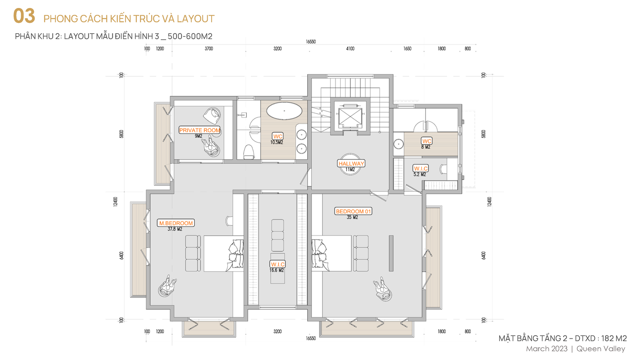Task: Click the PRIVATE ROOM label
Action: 200,130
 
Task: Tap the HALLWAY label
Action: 351,164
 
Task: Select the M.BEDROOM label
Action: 176,223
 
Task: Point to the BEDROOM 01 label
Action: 353,211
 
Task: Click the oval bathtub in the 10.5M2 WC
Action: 284,110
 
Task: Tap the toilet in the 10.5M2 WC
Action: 249,152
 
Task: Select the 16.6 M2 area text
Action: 276,270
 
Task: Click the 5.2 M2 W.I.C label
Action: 421,168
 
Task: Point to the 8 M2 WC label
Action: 426,141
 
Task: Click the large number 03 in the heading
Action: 24,16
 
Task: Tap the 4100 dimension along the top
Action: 350,48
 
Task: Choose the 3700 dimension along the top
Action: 208,48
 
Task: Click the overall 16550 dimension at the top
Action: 310,42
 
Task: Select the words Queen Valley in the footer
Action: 601,349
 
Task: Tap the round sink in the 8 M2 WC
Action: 398,144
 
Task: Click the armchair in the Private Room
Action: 212,116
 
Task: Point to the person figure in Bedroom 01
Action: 382,289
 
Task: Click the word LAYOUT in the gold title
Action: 196,19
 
